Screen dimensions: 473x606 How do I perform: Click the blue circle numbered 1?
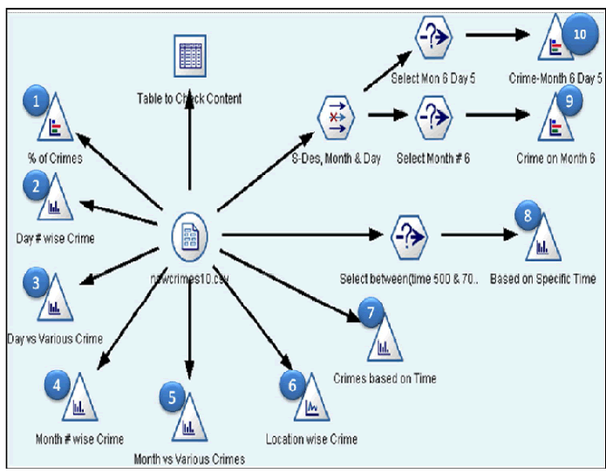pyautogui.click(x=37, y=103)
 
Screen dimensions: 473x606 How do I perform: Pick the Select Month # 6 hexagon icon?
pyautogui.click(x=433, y=114)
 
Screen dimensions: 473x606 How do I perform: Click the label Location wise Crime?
pyautogui.click(x=311, y=439)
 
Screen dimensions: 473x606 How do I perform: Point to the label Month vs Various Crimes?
pyautogui.click(x=188, y=459)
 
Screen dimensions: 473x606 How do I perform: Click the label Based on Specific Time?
pyautogui.click(x=542, y=279)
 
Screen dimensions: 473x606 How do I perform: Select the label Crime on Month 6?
pyautogui.click(x=555, y=159)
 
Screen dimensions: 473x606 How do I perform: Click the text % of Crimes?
pyautogui.click(x=55, y=158)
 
